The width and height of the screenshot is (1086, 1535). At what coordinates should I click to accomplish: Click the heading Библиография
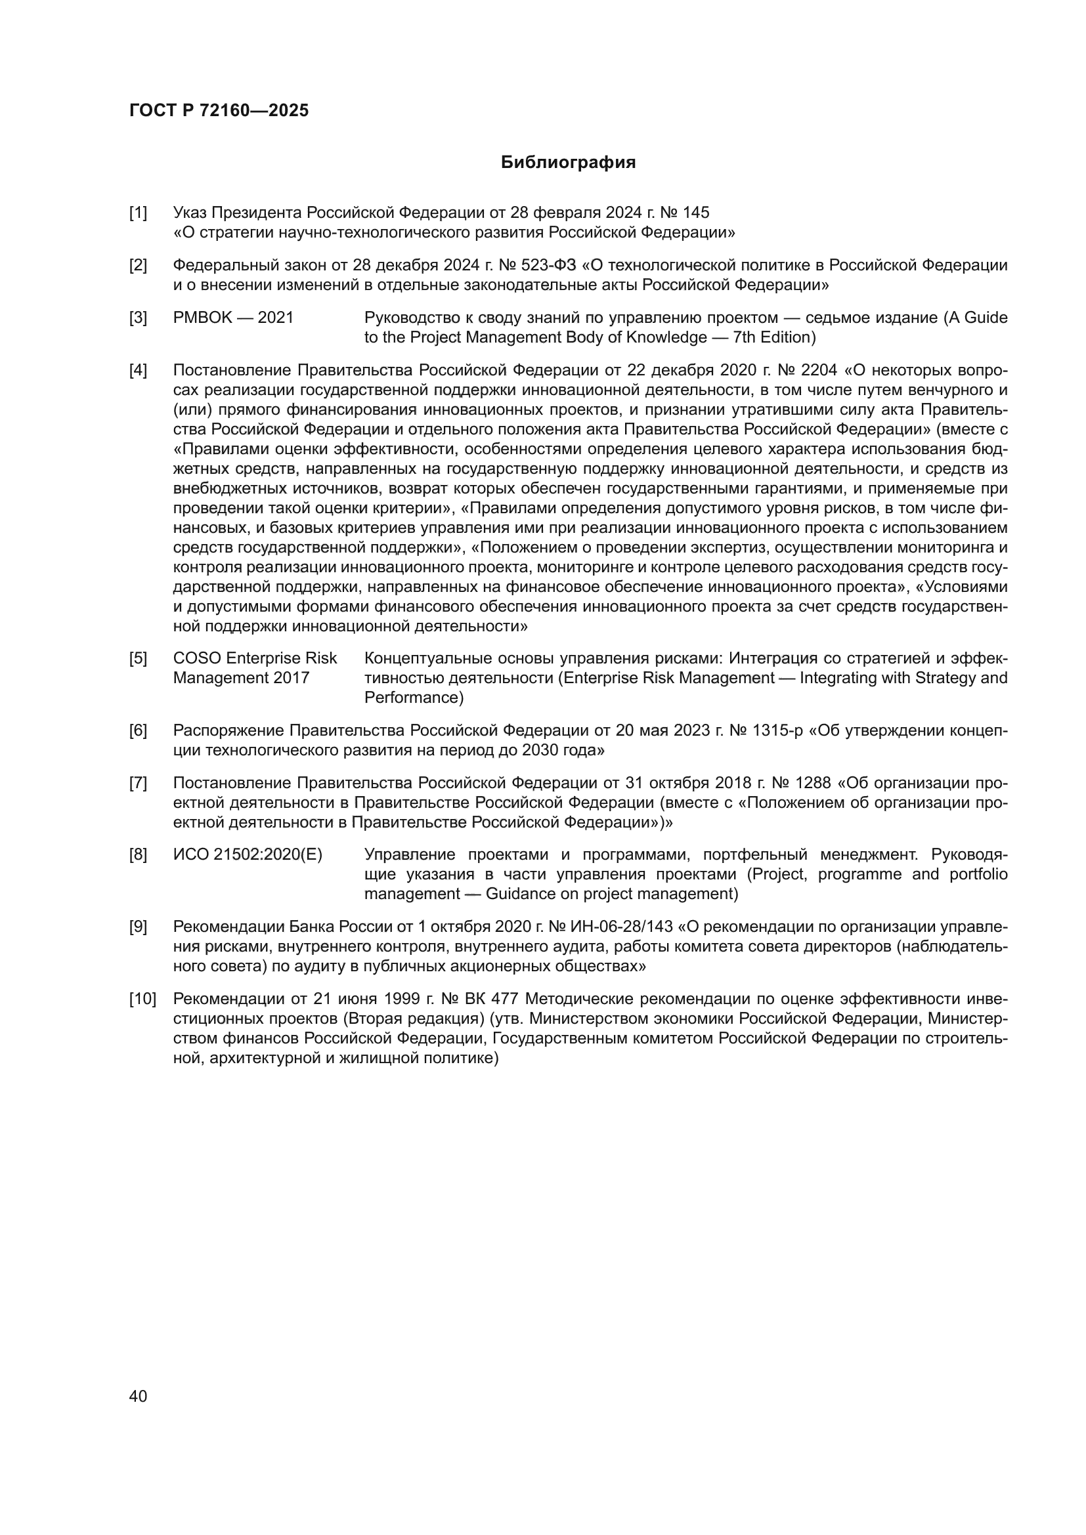click(x=568, y=163)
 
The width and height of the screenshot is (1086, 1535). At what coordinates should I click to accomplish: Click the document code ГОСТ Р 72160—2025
click(x=219, y=110)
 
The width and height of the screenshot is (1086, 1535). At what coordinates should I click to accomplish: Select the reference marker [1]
click(x=138, y=213)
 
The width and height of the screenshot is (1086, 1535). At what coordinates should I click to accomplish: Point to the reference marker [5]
click(x=138, y=658)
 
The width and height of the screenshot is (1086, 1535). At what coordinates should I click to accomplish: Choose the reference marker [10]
click(x=142, y=999)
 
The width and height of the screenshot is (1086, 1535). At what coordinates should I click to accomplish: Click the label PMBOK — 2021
click(x=232, y=318)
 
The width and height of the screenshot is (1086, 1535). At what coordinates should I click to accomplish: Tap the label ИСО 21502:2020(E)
click(x=248, y=854)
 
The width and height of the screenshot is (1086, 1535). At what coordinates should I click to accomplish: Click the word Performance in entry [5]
click(x=413, y=698)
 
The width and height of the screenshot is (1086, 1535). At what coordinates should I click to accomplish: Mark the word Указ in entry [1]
click(x=190, y=213)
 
